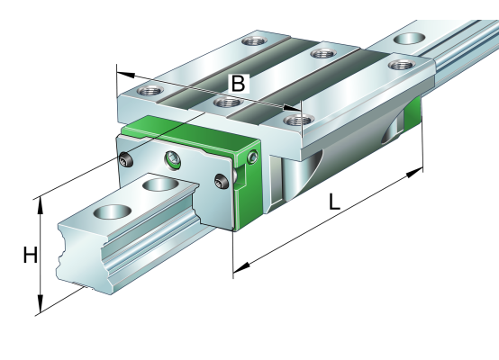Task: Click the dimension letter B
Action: click(238, 84)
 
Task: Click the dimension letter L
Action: click(334, 202)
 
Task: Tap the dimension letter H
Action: click(31, 255)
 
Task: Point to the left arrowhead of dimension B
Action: click(126, 75)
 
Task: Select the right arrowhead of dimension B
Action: click(292, 109)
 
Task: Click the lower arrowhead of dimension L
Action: click(241, 267)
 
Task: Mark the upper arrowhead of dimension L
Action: click(415, 173)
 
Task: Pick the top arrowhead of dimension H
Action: click(41, 207)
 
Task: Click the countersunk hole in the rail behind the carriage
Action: click(409, 38)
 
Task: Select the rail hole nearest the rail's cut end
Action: click(113, 211)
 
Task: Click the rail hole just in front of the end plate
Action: click(160, 184)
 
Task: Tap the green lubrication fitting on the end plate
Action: click(173, 160)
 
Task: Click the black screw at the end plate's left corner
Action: click(124, 159)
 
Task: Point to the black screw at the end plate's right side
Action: click(222, 181)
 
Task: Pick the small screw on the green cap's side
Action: click(253, 157)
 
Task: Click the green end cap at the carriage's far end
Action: click(413, 113)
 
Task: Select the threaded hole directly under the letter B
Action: click(227, 103)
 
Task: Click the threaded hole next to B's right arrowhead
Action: click(299, 121)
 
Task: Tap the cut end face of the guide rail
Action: click(84, 256)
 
